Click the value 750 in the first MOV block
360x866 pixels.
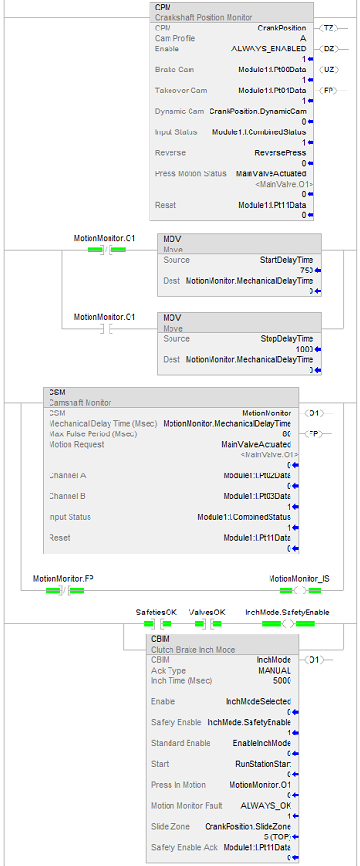click(306, 271)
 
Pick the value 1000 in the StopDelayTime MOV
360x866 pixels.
click(304, 349)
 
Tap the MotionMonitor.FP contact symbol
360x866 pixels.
click(63, 590)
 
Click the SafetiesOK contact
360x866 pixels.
click(157, 624)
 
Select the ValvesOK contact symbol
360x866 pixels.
click(207, 624)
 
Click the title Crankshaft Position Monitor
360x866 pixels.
click(204, 18)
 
